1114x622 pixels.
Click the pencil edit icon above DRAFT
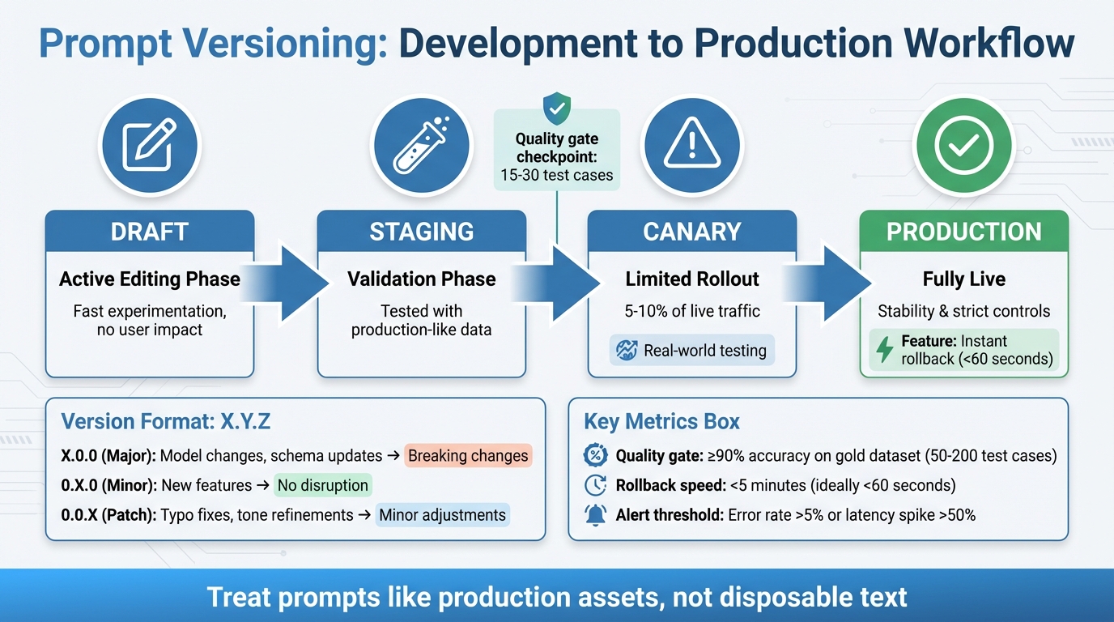tap(150, 145)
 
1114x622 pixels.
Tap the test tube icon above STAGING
tap(421, 145)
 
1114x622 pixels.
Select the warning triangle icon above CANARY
tap(691, 145)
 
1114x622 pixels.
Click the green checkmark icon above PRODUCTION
tap(963, 145)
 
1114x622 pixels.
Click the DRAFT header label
tap(150, 232)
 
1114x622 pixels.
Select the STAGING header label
tap(421, 232)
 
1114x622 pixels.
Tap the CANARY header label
tap(691, 232)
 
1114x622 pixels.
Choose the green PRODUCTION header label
tap(963, 232)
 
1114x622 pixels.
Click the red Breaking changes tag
tap(468, 456)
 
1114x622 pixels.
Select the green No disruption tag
tap(322, 486)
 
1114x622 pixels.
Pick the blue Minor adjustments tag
tap(442, 515)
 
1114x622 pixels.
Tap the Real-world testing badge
tap(692, 351)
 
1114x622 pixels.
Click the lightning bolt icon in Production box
tap(885, 350)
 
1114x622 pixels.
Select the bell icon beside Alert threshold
tap(595, 515)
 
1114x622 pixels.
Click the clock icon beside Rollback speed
tap(595, 486)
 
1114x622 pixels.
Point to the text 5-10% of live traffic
tap(692, 311)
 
